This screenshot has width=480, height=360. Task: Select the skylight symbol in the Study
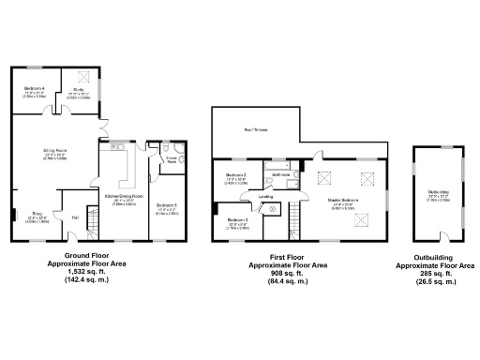pos(83,76)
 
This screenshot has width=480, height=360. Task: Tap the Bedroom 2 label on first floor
pos(236,175)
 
